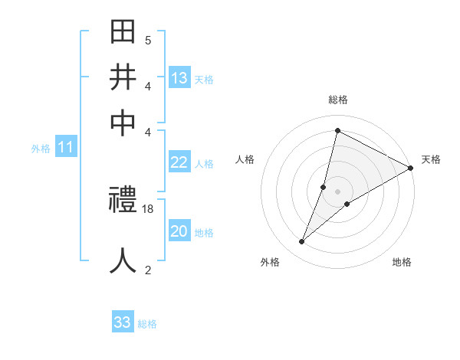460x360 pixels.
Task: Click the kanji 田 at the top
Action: pyautogui.click(x=123, y=33)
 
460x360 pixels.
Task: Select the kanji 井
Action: pyautogui.click(x=123, y=77)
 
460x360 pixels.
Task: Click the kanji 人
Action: pyautogui.click(x=123, y=260)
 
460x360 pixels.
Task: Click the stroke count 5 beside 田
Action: pyautogui.click(x=148, y=40)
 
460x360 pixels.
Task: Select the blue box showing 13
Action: pyautogui.click(x=179, y=78)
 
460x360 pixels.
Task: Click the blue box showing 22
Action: pyautogui.click(x=179, y=162)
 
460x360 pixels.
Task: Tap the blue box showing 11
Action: pyautogui.click(x=65, y=148)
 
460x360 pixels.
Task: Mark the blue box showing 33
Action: pyautogui.click(x=123, y=322)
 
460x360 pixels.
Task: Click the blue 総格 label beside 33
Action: pyautogui.click(x=147, y=324)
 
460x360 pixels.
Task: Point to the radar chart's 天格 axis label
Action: pyautogui.click(x=431, y=159)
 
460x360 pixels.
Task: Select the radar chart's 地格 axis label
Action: pyautogui.click(x=402, y=262)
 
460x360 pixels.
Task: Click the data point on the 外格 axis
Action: pyautogui.click(x=302, y=242)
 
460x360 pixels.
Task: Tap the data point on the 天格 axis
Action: pyautogui.click(x=410, y=168)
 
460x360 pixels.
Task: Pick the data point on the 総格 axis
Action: pyautogui.click(x=337, y=131)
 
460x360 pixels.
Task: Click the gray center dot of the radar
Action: pyautogui.click(x=337, y=191)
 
